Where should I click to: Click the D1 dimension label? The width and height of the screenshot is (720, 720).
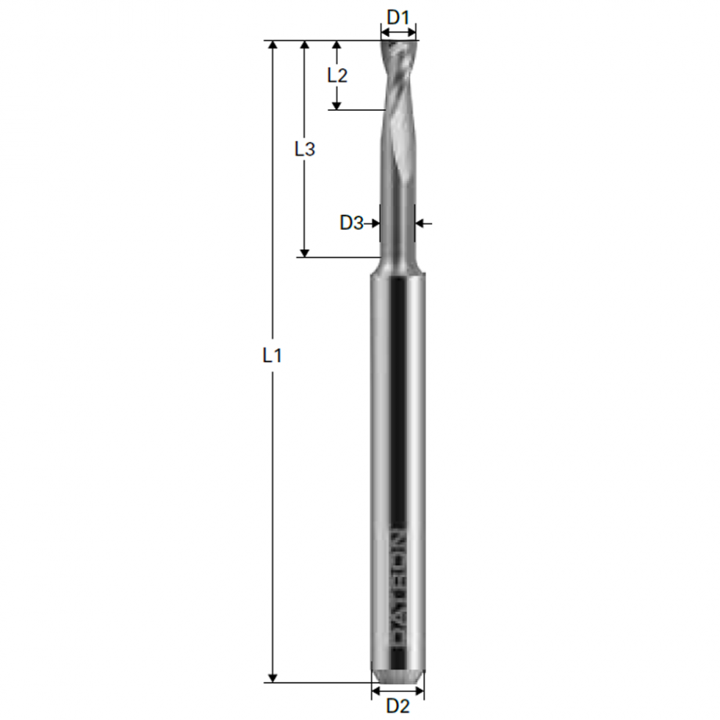pos(397,15)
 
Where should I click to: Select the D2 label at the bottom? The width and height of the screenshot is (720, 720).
pos(397,706)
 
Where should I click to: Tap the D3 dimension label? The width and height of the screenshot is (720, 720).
pos(351,223)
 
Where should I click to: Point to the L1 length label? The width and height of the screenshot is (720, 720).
pos(273,356)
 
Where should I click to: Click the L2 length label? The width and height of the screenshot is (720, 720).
pos(337,74)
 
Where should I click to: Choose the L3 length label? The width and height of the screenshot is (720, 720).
pos(304,149)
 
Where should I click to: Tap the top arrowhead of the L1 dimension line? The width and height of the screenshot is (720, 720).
pos(273,46)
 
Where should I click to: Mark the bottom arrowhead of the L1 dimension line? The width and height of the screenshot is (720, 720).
pos(273,677)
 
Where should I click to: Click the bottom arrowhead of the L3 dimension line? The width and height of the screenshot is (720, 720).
pos(304,251)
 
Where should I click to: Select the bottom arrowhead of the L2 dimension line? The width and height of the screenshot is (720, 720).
pos(336,105)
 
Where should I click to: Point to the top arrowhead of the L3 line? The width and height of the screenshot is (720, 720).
pos(304,46)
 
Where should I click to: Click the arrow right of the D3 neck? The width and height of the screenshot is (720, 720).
pos(424,223)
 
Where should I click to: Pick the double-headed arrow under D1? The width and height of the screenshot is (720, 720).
pos(398,32)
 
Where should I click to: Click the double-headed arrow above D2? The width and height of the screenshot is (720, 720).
pos(397,691)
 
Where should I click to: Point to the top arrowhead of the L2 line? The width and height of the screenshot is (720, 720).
pos(336,46)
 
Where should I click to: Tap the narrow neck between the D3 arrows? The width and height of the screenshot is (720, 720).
pos(397,223)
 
